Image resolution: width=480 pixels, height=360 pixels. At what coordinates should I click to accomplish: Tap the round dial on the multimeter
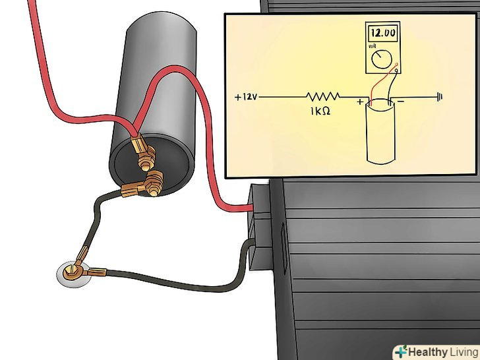(379, 61)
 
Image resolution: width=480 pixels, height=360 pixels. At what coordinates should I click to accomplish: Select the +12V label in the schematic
(246, 97)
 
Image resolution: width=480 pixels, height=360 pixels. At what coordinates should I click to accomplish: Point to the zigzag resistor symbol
(322, 96)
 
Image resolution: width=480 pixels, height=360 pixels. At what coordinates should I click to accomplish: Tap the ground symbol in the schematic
(439, 97)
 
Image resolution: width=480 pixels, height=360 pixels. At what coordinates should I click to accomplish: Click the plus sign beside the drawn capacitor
(360, 102)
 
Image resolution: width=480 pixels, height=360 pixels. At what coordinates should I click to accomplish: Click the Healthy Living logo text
(442, 350)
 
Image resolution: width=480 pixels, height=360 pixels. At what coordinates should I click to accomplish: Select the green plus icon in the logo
(400, 350)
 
